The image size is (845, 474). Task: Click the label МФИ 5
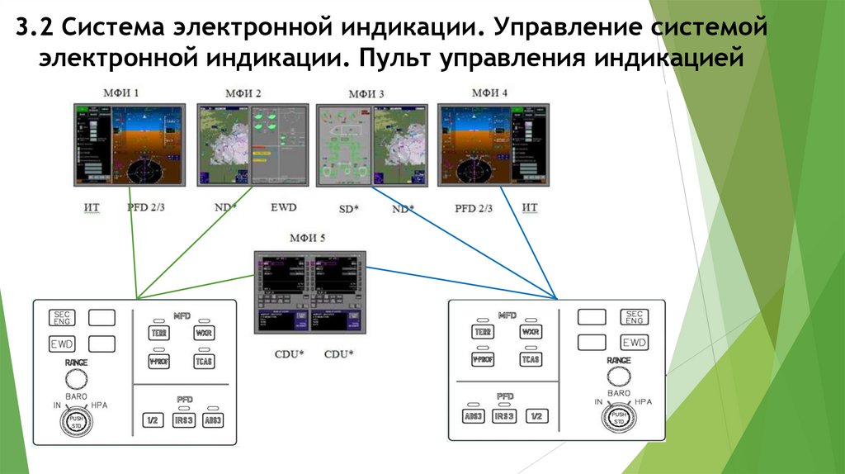pyautogui.click(x=307, y=239)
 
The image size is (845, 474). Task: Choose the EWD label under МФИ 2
pyautogui.click(x=283, y=207)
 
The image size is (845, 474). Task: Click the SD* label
pyautogui.click(x=349, y=209)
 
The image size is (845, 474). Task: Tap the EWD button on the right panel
pyautogui.click(x=634, y=343)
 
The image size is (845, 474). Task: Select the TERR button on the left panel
pyautogui.click(x=158, y=333)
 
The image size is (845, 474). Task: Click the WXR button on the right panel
pyautogui.click(x=531, y=332)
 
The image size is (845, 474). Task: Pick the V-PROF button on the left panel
pyautogui.click(x=158, y=361)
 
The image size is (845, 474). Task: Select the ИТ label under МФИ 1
pyautogui.click(x=92, y=207)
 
